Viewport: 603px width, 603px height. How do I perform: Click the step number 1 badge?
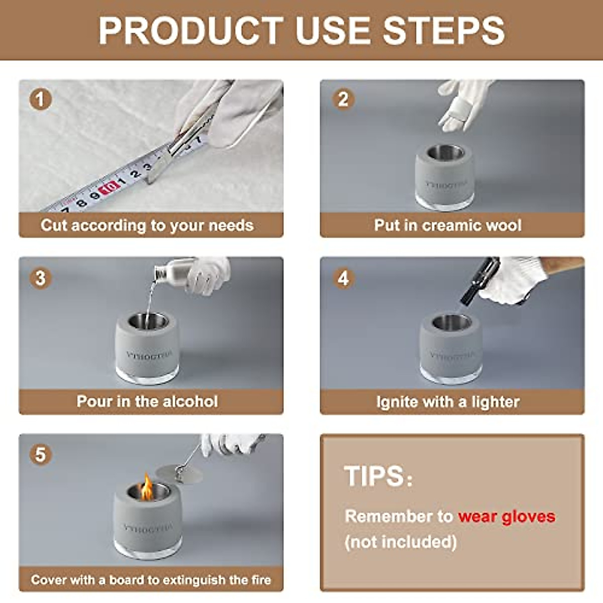41,99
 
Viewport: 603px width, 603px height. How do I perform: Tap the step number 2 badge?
343,99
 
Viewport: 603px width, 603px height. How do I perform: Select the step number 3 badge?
41,278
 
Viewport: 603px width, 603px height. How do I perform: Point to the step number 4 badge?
343,278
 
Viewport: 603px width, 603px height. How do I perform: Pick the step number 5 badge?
41,454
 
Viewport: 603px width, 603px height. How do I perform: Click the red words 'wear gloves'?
507,517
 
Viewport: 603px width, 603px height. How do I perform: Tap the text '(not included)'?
400,542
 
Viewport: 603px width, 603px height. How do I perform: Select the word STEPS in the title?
443,31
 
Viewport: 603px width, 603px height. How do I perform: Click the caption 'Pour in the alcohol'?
147,401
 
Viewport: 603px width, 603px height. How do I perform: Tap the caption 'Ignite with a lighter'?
448,402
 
